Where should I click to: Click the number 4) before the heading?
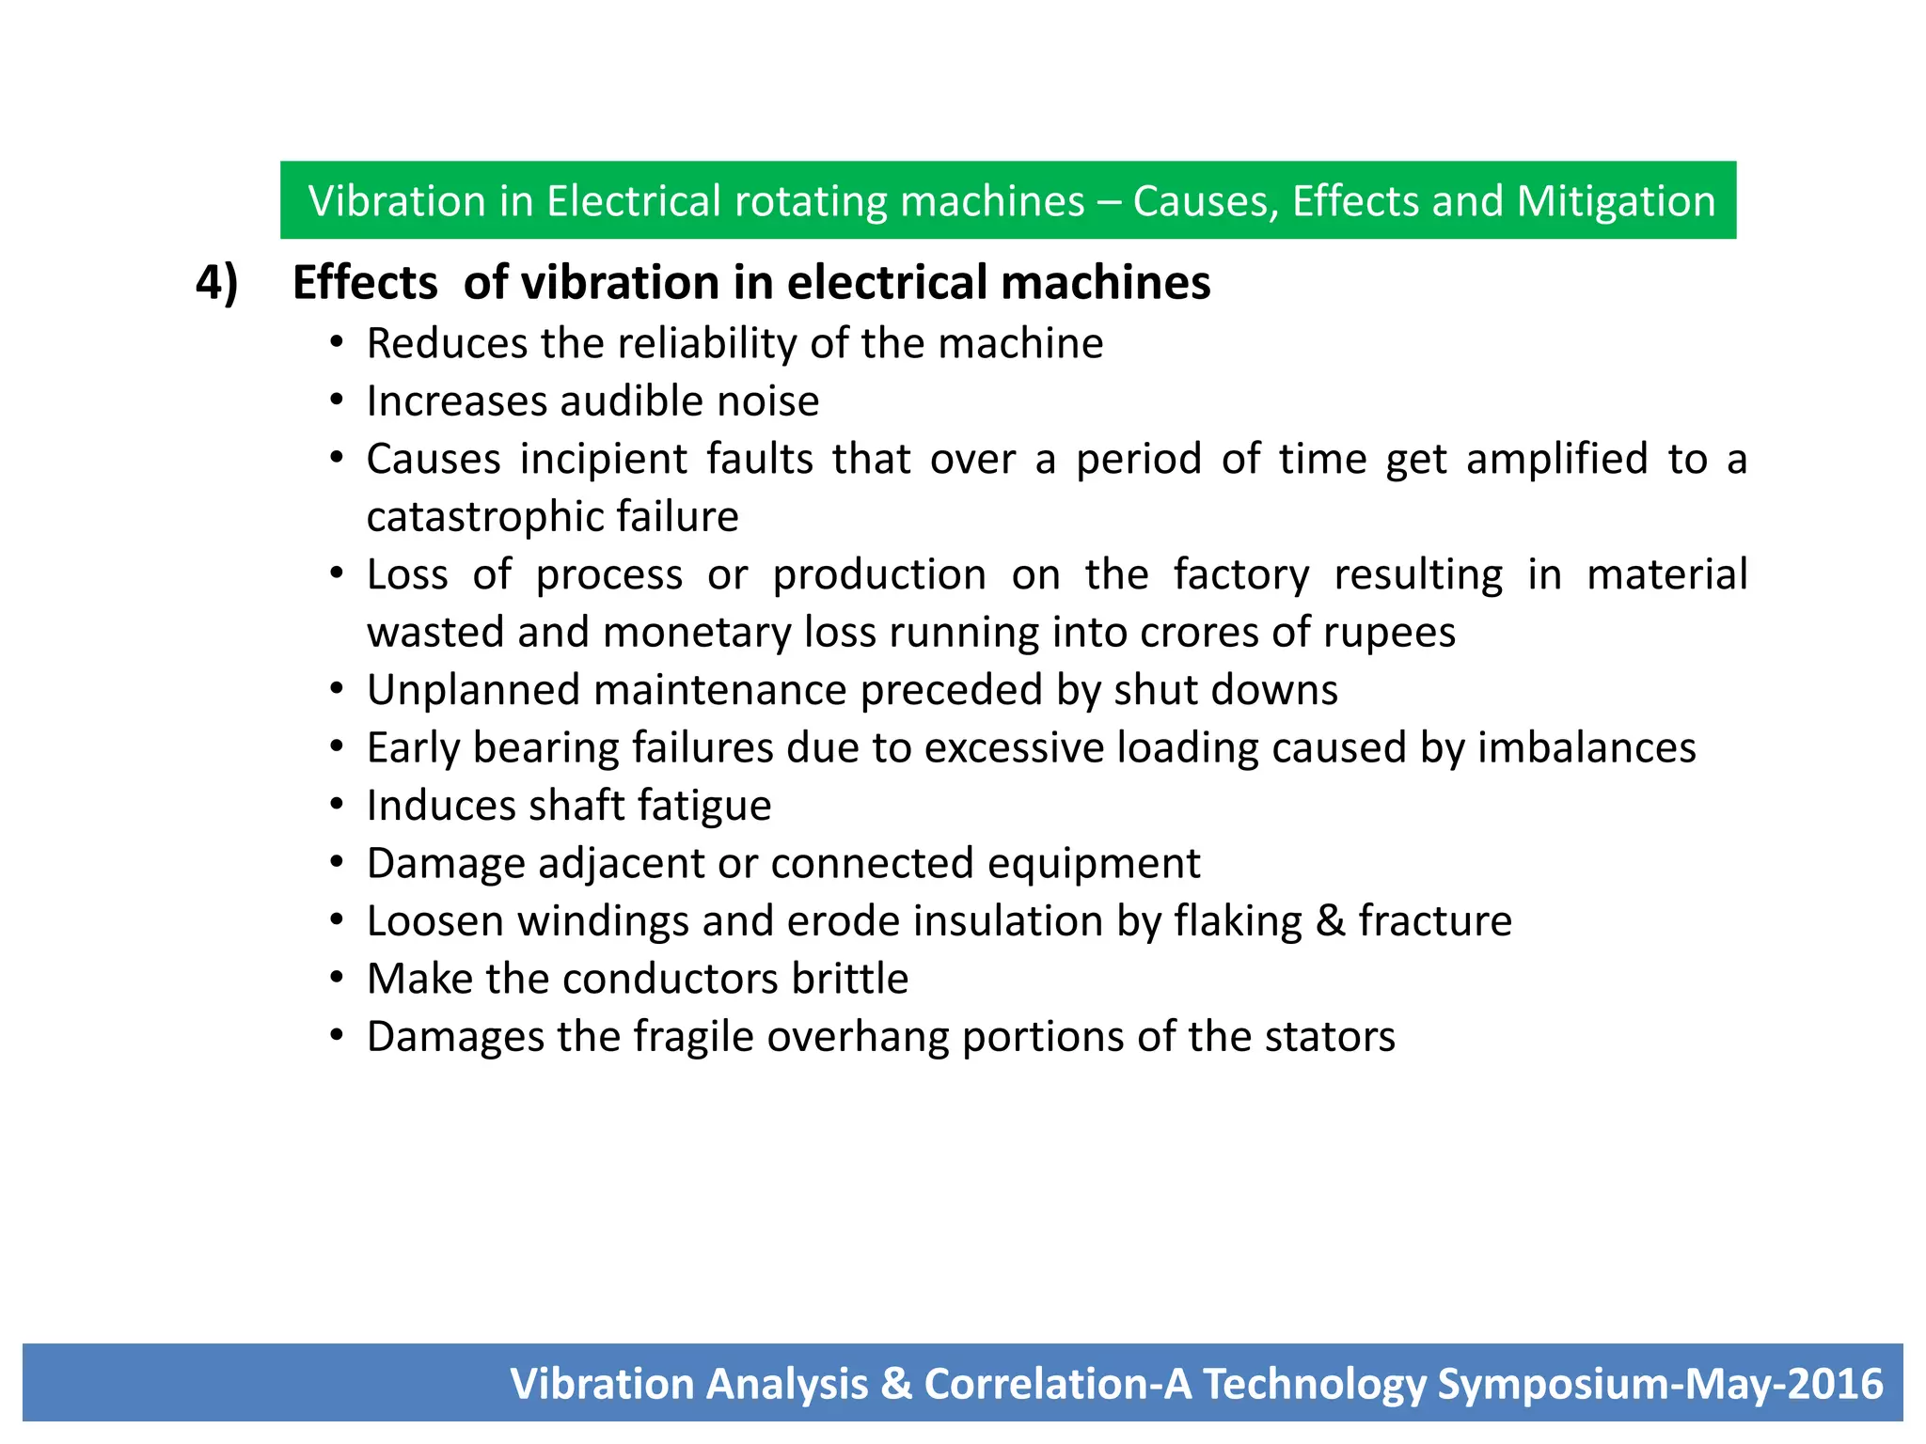click(x=217, y=283)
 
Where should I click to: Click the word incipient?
click(x=604, y=459)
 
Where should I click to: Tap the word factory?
click(x=1241, y=574)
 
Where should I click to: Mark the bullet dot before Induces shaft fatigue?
click(x=337, y=806)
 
